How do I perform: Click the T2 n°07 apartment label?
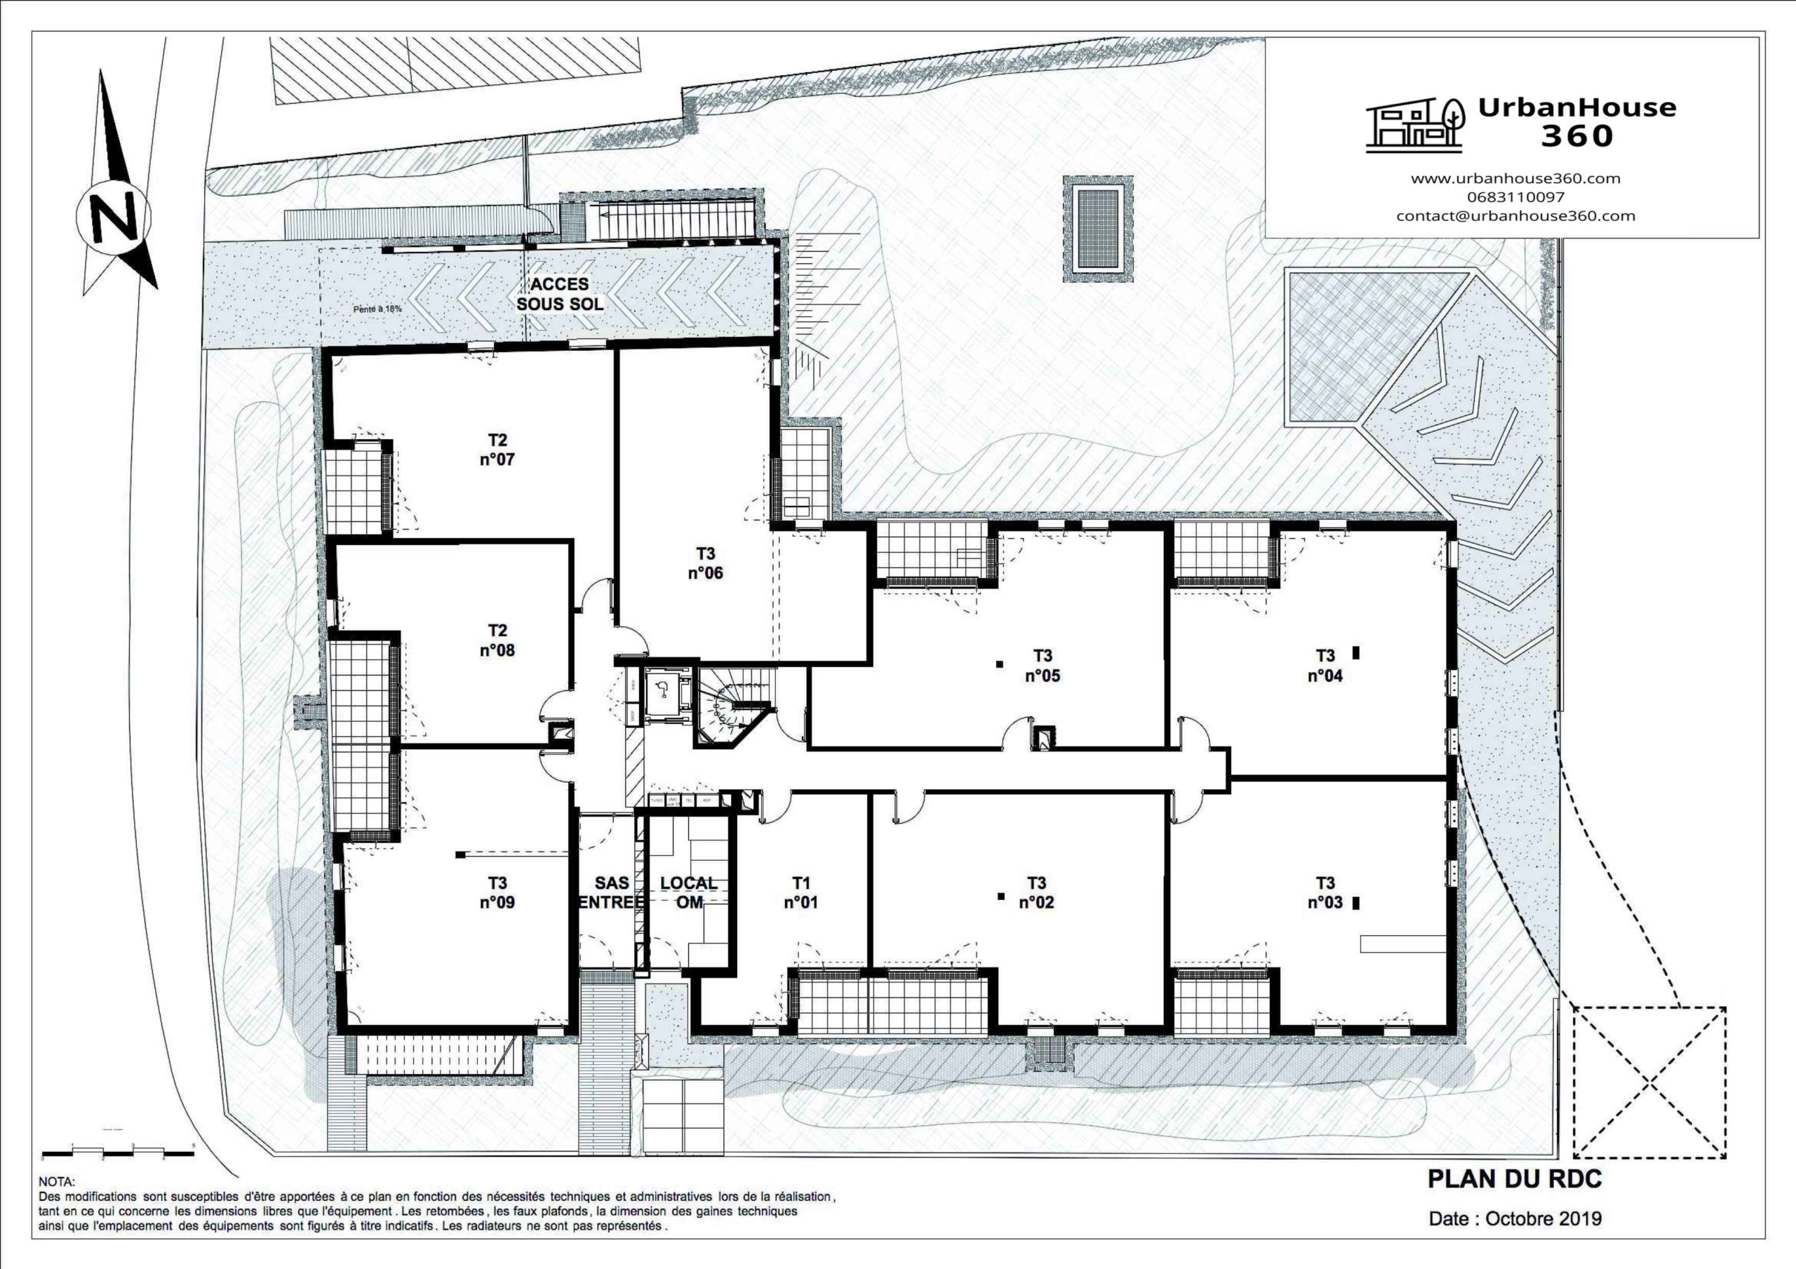point(497,449)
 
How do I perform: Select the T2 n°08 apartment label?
point(497,640)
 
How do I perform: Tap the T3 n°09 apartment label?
point(497,893)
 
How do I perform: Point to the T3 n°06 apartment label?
point(705,563)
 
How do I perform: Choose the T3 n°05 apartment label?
point(1042,665)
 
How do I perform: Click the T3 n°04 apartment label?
point(1325,665)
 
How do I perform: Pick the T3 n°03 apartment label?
point(1325,893)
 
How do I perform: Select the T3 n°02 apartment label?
point(1036,893)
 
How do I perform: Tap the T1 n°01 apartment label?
point(800,893)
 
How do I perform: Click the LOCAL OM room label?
point(688,893)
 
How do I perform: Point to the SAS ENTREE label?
point(611,893)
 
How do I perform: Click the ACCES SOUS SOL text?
point(559,294)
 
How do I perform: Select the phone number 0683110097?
point(1515,197)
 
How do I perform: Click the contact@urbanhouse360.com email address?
point(1515,216)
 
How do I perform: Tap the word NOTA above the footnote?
point(57,1182)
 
